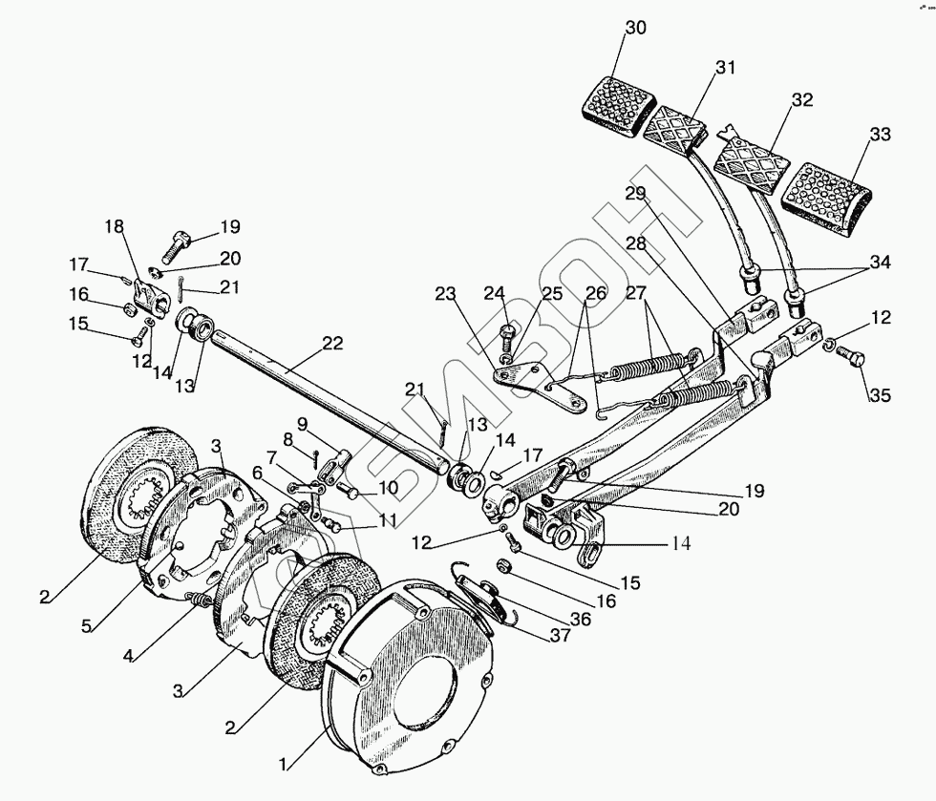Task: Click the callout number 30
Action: [636, 28]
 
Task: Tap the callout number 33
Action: [880, 135]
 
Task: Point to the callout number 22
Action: [332, 343]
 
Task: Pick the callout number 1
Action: [285, 764]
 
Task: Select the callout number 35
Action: [880, 394]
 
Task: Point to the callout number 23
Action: [445, 294]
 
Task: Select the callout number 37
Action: [561, 636]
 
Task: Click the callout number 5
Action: [87, 626]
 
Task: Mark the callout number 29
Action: [636, 194]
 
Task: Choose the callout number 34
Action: [880, 262]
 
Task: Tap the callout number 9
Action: [302, 425]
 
